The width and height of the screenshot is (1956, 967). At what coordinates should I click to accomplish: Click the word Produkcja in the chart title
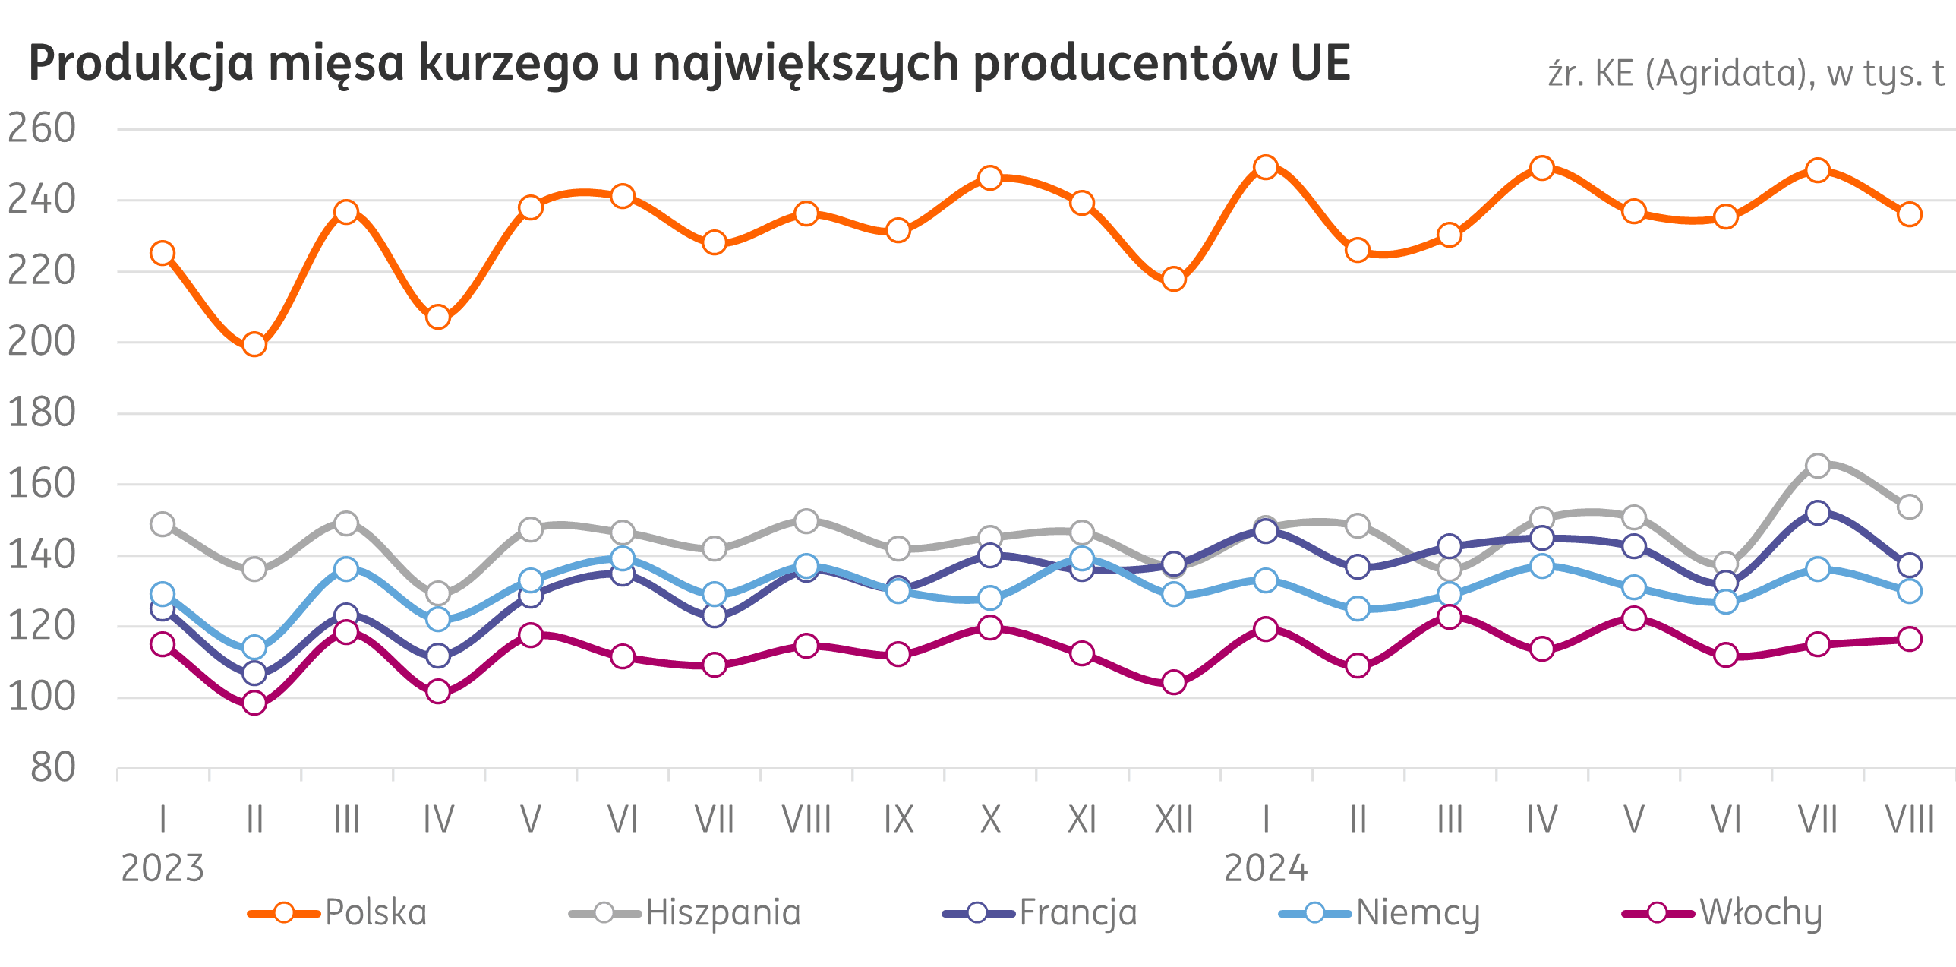coord(141,64)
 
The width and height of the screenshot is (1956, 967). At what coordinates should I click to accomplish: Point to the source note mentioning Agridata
coord(1746,74)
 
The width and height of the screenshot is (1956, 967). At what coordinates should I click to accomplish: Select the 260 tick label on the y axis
coord(42,128)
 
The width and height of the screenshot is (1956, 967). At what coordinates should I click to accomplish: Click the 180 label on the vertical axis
coord(42,412)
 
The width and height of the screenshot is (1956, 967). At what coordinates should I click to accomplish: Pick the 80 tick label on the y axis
coord(53,768)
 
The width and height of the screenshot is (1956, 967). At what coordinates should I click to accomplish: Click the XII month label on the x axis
coord(1174,820)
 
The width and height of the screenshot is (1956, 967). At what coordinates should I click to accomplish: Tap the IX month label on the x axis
coord(898,820)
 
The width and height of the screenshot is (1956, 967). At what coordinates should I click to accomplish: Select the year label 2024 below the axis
coord(1266,867)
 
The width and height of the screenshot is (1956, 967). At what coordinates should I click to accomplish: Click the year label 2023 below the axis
coord(162,867)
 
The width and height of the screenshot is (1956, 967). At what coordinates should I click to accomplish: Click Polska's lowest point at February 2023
coord(254,345)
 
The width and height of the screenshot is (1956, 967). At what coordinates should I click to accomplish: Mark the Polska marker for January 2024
coord(1266,167)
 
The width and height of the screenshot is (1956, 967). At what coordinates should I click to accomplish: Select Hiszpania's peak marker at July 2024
coord(1818,466)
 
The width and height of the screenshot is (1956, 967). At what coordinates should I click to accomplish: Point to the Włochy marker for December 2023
coord(1174,682)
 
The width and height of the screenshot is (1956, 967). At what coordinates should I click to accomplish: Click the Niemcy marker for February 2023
coord(254,648)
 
